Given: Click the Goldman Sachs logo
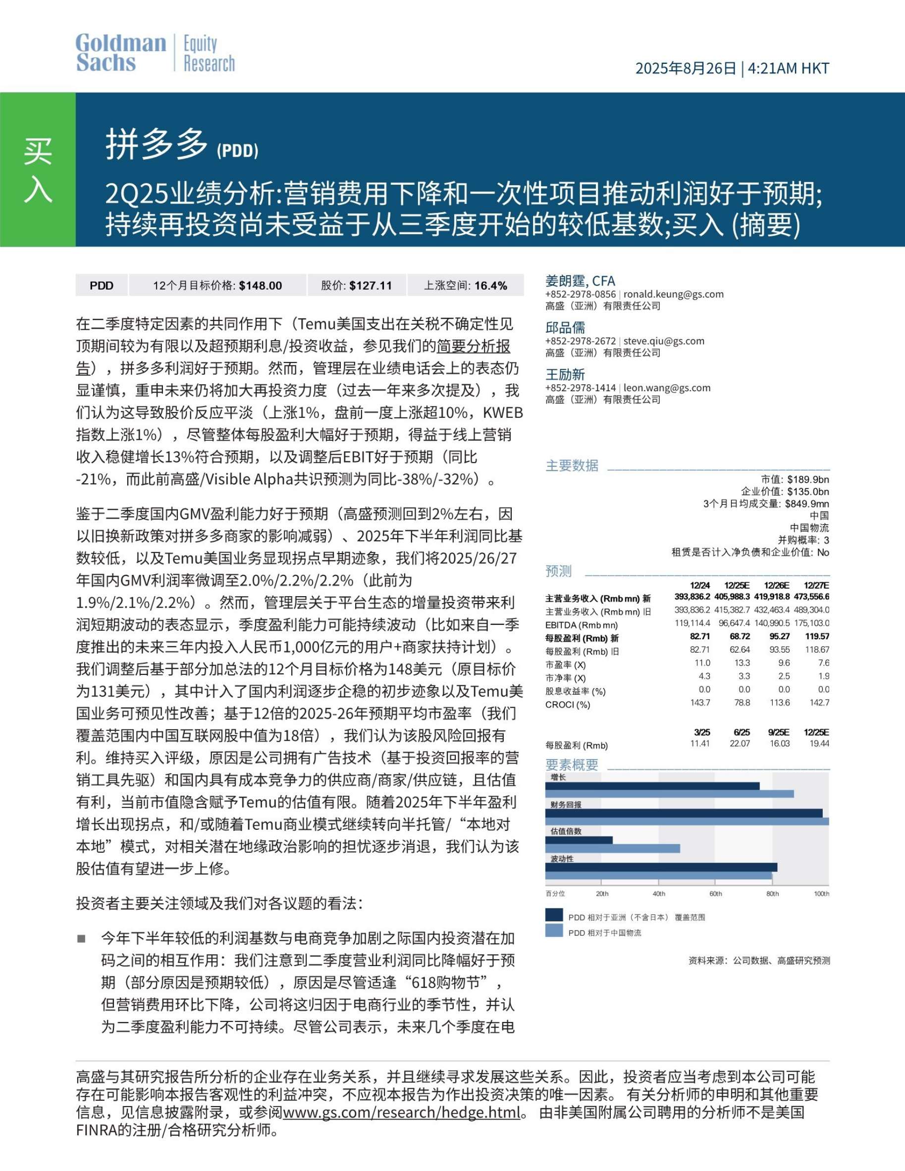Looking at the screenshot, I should point(121,52).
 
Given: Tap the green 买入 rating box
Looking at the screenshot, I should point(38,169).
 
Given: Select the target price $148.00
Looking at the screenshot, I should point(260,286).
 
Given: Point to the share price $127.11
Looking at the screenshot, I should point(370,286).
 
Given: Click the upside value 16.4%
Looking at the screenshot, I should point(490,286).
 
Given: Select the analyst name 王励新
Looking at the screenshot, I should point(564,374).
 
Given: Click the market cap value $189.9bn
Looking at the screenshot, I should point(808,479).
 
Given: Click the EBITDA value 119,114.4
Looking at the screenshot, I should point(692,623).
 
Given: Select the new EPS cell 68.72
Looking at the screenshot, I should point(739,636).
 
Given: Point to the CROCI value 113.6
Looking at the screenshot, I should point(778,703).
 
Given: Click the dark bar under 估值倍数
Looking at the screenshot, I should point(578,840).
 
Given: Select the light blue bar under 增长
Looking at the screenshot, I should point(669,794).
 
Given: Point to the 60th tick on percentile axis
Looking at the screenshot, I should point(715,894).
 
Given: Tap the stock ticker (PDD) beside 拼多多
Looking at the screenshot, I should point(238,151).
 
